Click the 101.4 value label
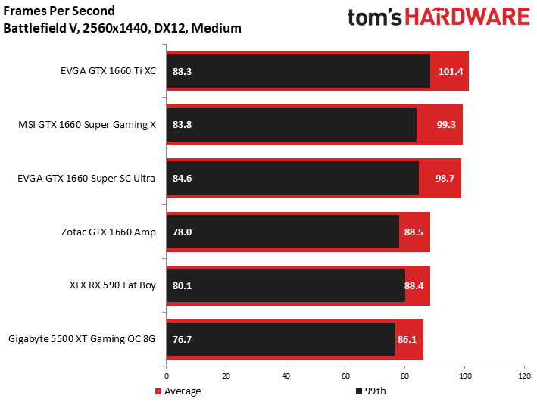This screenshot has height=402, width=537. [451, 71]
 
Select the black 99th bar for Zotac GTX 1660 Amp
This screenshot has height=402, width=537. [283, 232]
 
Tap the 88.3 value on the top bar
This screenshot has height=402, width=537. [182, 71]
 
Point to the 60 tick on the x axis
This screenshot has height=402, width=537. [345, 376]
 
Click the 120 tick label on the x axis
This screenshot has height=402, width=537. [524, 376]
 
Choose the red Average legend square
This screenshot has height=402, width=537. [158, 391]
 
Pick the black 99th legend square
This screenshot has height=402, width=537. [358, 391]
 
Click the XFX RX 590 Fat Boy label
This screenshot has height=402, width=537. [113, 285]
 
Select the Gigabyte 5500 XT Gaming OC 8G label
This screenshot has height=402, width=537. [82, 339]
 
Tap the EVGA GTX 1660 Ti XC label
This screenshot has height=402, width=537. [108, 71]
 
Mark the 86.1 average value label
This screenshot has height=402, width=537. [407, 339]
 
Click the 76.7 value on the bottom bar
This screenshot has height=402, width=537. [182, 339]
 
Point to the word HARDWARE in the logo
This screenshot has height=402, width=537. [468, 17]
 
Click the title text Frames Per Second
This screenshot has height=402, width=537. [59, 11]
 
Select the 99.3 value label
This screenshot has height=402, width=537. [446, 124]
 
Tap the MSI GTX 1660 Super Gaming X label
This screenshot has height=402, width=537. [87, 125]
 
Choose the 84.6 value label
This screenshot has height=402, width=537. [182, 178]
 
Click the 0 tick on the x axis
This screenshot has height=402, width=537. [167, 376]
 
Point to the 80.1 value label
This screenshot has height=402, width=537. [182, 285]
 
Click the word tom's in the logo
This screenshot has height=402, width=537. [375, 17]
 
